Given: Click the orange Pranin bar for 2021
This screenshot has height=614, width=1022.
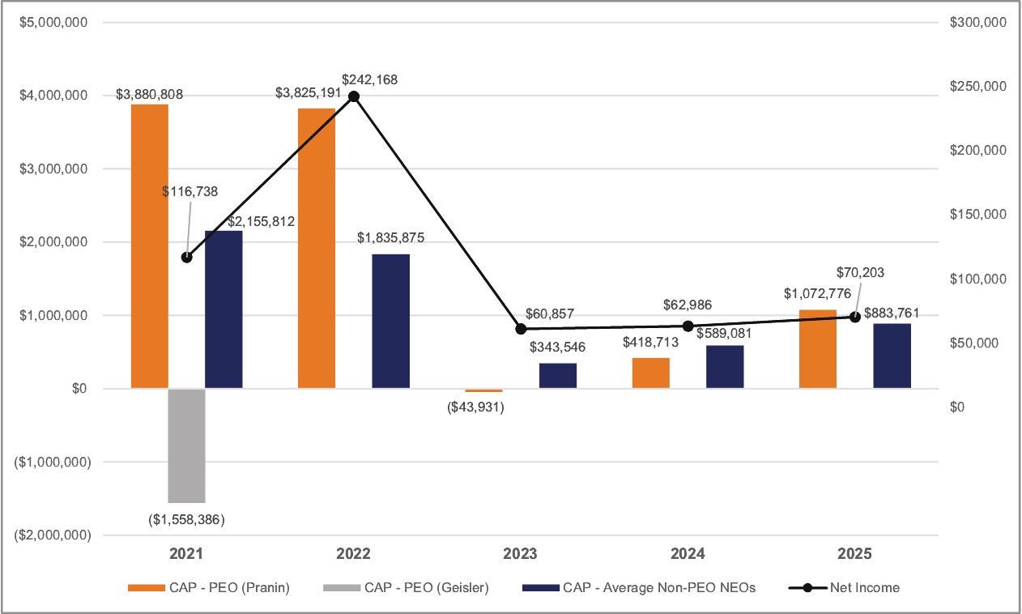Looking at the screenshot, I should click(x=149, y=246).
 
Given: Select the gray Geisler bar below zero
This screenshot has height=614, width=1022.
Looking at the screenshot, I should click(x=186, y=446).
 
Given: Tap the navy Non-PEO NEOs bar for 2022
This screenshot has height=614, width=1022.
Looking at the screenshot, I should click(x=390, y=322).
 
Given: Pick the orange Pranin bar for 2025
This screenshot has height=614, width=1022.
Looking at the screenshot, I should click(x=817, y=349).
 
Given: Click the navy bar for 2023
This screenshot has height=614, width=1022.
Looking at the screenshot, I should click(x=558, y=376).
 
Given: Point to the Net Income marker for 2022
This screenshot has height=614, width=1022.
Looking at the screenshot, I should click(x=353, y=96).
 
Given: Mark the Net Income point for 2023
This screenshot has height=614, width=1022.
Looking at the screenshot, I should click(x=521, y=329).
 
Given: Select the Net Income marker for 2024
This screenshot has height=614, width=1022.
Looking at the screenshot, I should click(x=688, y=326).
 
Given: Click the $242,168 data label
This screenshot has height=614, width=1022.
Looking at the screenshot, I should click(x=369, y=79).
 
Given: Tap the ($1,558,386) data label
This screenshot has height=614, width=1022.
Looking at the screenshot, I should click(x=186, y=519).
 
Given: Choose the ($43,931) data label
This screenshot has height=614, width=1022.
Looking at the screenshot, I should click(x=476, y=407).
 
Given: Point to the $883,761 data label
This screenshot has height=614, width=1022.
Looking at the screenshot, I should click(x=892, y=313).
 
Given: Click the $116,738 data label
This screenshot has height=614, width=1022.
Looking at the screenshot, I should click(x=190, y=191).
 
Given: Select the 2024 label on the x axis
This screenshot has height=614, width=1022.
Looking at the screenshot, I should click(x=688, y=555).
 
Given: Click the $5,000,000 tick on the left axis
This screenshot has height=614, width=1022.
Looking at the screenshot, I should click(x=53, y=22).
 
